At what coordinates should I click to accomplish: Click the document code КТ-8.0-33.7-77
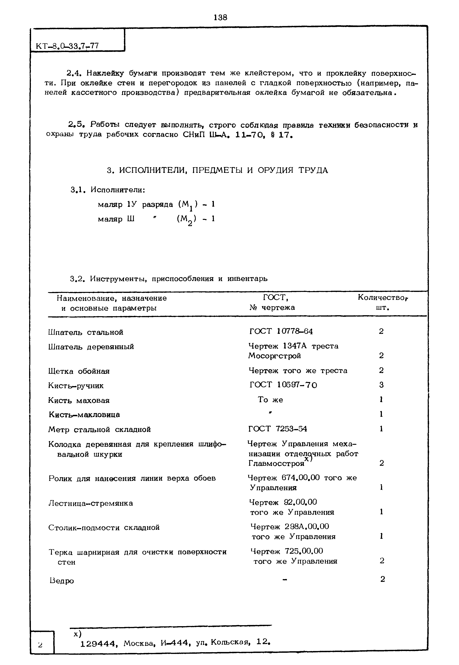click(67, 46)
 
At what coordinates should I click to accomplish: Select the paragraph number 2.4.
click(75, 73)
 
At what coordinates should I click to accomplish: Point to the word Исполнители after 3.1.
click(118, 190)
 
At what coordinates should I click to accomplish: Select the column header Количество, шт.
click(383, 302)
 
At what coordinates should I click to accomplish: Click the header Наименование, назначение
click(111, 298)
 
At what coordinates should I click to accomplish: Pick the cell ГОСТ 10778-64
click(281, 332)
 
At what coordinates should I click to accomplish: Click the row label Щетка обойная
click(79, 371)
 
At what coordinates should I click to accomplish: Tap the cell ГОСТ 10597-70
click(283, 385)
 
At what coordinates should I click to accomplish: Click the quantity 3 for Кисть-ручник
click(381, 385)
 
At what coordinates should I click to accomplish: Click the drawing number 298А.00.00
click(307, 527)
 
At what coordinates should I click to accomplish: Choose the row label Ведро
click(62, 581)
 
